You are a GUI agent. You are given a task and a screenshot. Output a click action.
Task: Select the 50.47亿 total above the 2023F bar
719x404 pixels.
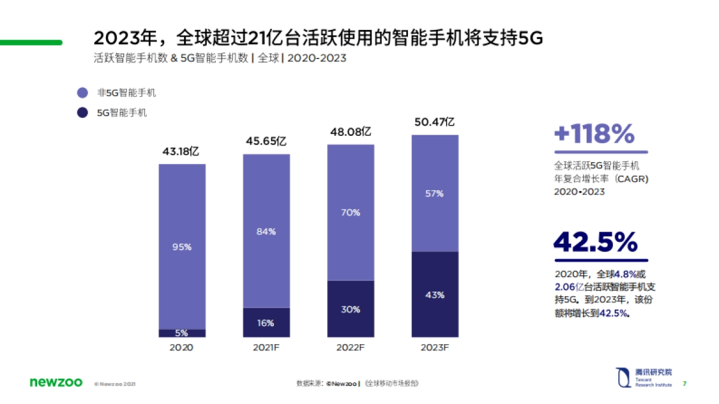pos(434,122)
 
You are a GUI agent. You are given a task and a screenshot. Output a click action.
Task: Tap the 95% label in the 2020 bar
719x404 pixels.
pos(182,247)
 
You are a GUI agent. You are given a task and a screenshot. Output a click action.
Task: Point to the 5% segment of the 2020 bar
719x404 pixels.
pos(182,333)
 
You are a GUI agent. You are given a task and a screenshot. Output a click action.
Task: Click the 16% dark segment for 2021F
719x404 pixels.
pos(266,323)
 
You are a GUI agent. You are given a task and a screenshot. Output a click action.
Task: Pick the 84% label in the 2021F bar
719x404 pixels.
pos(266,232)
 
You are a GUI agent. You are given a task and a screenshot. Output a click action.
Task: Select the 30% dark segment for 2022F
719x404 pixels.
pos(351,309)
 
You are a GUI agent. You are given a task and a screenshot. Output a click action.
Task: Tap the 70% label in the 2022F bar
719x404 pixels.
pos(351,212)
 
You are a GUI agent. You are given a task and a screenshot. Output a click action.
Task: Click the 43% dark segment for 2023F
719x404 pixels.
pos(434,295)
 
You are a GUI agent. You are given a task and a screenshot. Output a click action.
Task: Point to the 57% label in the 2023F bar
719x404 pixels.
pos(434,193)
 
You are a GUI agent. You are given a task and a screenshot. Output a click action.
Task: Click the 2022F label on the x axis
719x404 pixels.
pos(351,348)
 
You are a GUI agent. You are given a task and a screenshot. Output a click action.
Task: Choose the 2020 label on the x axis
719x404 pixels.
pos(182,348)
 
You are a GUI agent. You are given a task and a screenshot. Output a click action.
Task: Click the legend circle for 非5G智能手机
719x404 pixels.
pos(83,93)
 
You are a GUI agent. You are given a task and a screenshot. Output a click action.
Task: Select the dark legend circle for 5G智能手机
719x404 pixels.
pos(83,112)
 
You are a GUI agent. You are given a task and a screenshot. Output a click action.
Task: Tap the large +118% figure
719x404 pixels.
pos(594,134)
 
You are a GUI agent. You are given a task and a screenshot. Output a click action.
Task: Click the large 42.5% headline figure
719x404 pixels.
pos(596,242)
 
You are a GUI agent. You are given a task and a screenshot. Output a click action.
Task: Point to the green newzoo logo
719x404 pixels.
pos(56,382)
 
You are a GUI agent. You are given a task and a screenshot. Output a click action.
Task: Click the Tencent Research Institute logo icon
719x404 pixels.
pos(623,377)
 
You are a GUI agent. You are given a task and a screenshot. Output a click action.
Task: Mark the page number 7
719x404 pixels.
pos(685,384)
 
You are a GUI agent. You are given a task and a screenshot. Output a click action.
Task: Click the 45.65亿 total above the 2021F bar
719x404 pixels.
pos(266,141)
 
